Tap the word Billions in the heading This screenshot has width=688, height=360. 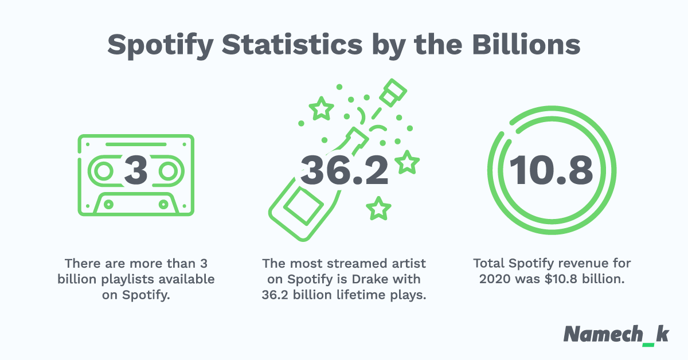coord(525,45)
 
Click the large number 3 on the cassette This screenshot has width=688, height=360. coord(136,170)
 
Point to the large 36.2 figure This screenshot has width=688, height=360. coord(344,170)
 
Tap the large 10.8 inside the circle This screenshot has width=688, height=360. coord(550,170)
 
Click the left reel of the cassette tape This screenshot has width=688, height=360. coord(103,171)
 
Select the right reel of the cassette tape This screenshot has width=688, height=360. coord(169,171)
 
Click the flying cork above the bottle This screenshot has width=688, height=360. coord(393,92)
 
